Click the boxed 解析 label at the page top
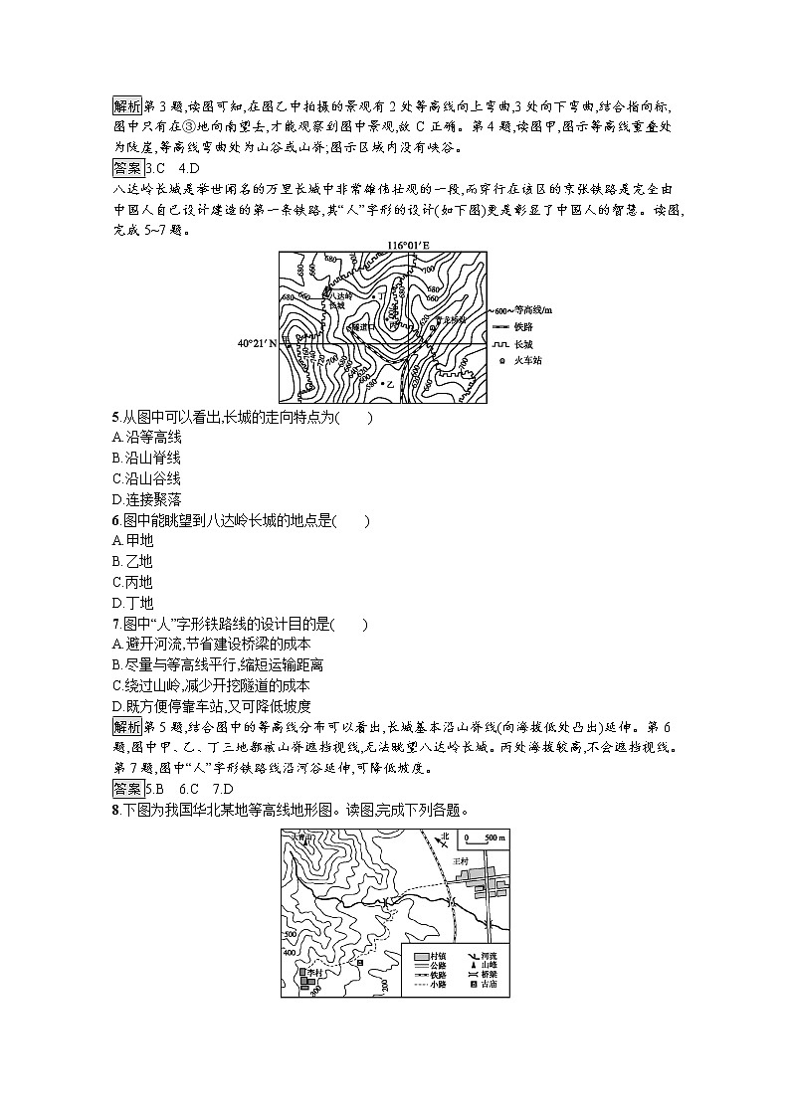(x=127, y=105)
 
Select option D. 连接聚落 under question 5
(x=147, y=499)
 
